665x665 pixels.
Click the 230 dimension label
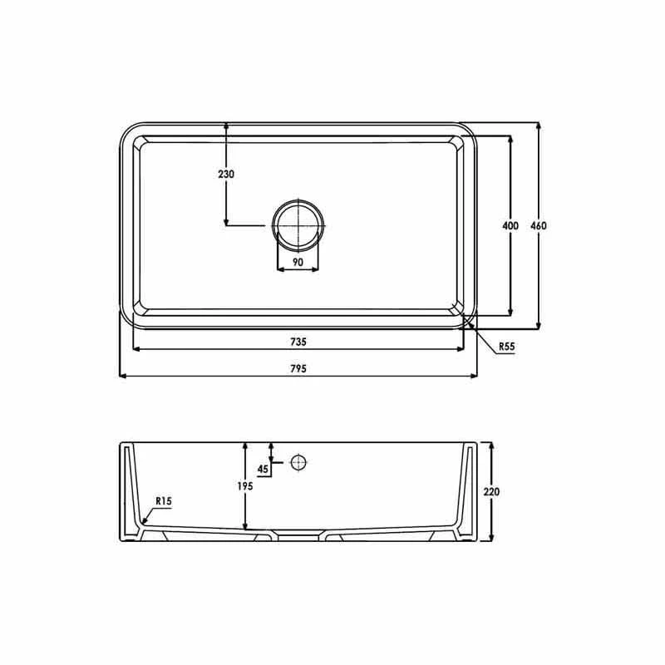pos(226,175)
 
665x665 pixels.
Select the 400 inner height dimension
pos(510,226)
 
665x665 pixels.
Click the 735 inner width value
pos(298,342)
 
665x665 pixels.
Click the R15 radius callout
pos(163,501)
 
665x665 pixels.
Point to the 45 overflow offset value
pos(264,470)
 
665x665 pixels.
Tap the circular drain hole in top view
pos(298,226)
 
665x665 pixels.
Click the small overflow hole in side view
pos(298,462)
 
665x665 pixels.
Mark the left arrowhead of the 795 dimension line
pos(124,376)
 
